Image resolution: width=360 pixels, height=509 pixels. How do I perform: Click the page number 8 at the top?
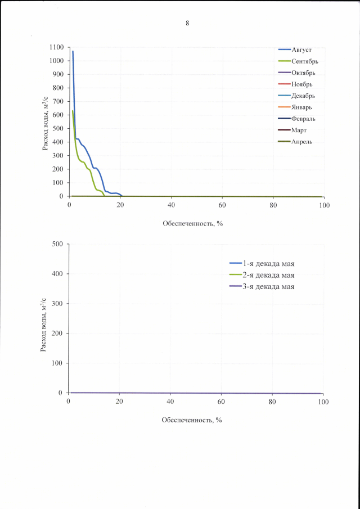[187, 23]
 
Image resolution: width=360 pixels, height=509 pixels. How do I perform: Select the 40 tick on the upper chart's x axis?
[171, 205]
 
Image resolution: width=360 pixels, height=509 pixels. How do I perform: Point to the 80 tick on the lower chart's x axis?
[272, 401]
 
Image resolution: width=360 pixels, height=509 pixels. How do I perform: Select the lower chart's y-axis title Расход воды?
[43, 326]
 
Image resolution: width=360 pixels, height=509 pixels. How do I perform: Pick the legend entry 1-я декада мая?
[268, 263]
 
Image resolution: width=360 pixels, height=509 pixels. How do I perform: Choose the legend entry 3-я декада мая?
[268, 286]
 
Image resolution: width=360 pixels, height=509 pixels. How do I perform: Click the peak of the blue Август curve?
[73, 51]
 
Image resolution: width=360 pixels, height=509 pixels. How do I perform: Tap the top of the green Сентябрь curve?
[73, 111]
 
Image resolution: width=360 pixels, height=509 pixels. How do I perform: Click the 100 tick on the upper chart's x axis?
[324, 205]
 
